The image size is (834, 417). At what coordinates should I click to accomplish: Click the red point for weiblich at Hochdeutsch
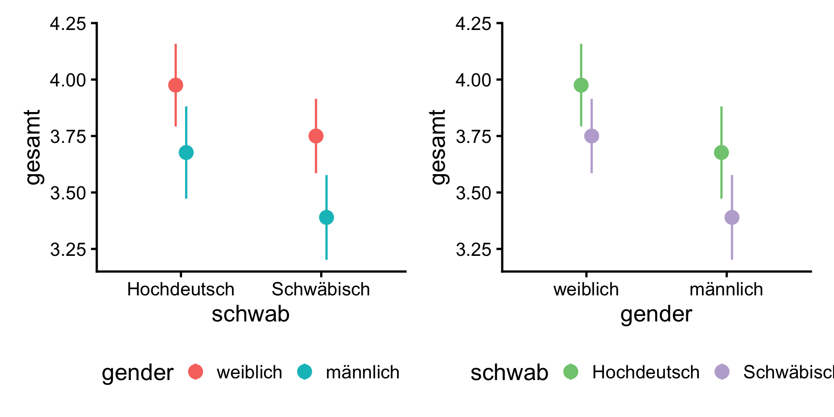pyautogui.click(x=175, y=85)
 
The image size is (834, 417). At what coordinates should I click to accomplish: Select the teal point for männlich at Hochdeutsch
pyautogui.click(x=186, y=153)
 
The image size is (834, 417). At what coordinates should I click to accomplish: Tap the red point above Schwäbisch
pyautogui.click(x=316, y=136)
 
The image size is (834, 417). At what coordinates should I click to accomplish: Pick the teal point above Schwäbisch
pyautogui.click(x=326, y=217)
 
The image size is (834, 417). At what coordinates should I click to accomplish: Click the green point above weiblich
pyautogui.click(x=581, y=85)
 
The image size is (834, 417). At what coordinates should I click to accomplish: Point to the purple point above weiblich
pyautogui.click(x=592, y=136)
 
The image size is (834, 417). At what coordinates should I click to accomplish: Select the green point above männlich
pyautogui.click(x=721, y=153)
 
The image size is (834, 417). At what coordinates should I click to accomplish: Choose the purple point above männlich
pyautogui.click(x=732, y=217)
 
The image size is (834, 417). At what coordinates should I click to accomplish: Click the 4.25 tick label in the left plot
pyautogui.click(x=68, y=24)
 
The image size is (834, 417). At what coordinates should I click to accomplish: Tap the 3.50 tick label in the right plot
pyautogui.click(x=473, y=193)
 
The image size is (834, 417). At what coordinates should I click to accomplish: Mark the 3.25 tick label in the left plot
pyautogui.click(x=68, y=250)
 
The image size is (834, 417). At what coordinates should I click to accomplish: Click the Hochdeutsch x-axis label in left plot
pyautogui.click(x=181, y=289)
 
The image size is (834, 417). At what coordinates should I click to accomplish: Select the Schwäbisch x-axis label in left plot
pyautogui.click(x=321, y=289)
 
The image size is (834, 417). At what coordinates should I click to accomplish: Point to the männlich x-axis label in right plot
pyautogui.click(x=726, y=289)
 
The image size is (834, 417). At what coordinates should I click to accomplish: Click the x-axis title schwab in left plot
pyautogui.click(x=251, y=314)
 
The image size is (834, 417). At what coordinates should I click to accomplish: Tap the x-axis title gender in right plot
pyautogui.click(x=656, y=314)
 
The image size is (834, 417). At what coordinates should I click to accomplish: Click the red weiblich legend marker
pyautogui.click(x=196, y=372)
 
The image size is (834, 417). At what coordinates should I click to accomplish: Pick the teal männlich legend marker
pyautogui.click(x=305, y=372)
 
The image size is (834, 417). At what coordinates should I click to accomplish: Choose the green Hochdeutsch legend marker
pyautogui.click(x=571, y=372)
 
